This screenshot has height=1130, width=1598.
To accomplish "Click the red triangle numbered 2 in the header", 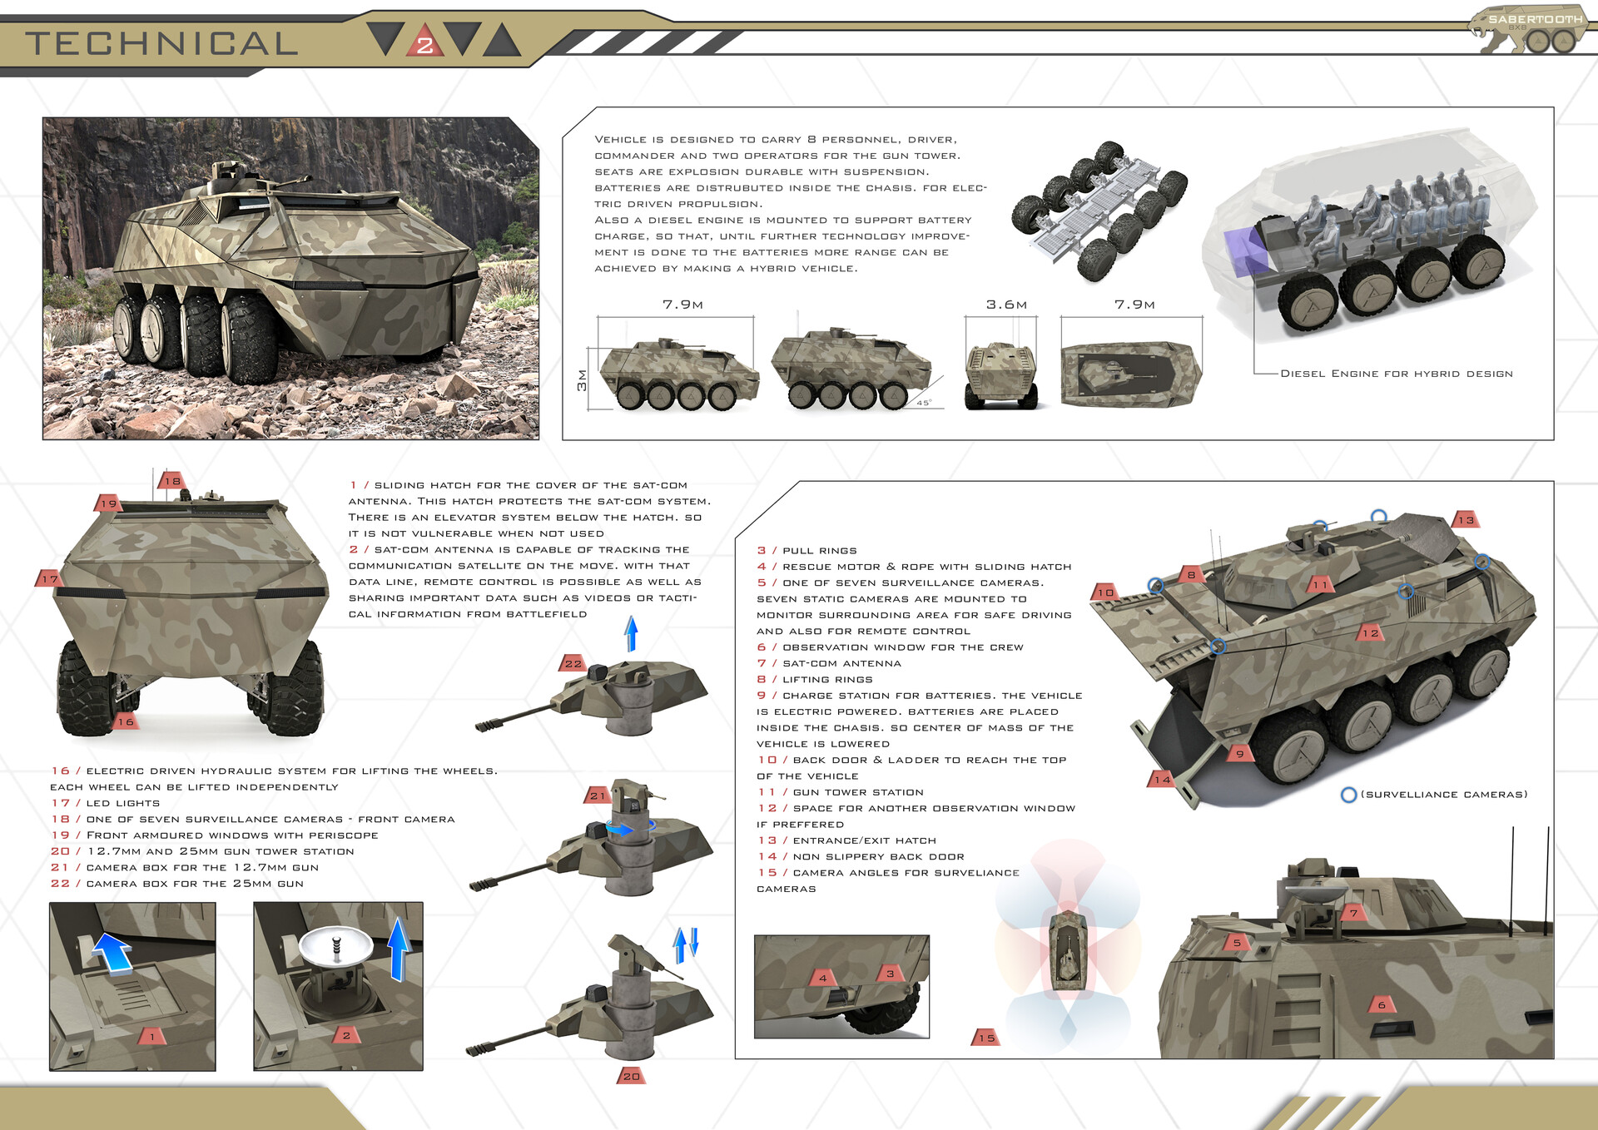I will click(424, 42).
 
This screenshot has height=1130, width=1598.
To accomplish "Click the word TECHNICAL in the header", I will click(161, 43).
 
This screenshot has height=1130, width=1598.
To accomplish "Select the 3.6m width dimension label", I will click(1005, 305).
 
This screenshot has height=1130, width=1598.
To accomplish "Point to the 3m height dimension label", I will click(582, 379).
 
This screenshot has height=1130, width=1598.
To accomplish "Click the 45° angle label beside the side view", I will click(924, 402).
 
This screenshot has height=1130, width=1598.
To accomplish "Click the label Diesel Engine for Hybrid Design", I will click(1396, 374).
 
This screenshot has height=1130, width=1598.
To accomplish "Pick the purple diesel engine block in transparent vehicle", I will click(1244, 251).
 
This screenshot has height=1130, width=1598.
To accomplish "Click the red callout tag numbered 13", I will click(1466, 520).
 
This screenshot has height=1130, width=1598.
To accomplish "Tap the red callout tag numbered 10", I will click(1104, 592).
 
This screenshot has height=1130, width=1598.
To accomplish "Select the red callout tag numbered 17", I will click(49, 578).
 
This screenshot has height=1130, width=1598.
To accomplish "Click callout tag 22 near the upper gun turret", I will click(573, 663).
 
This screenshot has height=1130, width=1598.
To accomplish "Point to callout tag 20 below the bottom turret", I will click(631, 1076).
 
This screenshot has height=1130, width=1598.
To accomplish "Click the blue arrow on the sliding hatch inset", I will click(112, 952).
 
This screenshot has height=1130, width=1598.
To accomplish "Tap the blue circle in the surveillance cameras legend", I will click(1348, 795).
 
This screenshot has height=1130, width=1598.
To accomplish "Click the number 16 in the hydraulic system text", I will click(60, 771).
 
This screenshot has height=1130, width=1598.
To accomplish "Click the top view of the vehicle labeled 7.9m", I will click(1131, 374).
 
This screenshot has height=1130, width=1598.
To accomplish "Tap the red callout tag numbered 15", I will click(986, 1038).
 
